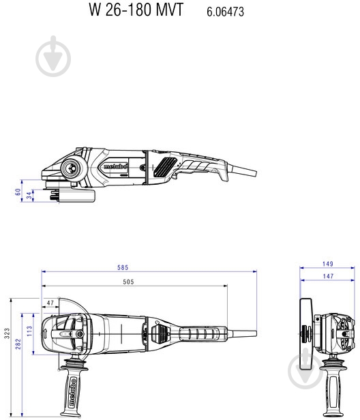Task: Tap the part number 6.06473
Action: tap(225, 12)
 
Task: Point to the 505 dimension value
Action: tap(128, 282)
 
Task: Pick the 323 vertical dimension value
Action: tap(7, 333)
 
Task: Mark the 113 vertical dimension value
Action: tap(30, 330)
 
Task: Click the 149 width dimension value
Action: tap(327, 264)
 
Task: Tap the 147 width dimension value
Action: tap(327, 276)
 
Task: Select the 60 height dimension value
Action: tap(18, 192)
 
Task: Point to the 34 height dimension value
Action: tap(29, 196)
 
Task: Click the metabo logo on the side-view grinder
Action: tap(113, 166)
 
